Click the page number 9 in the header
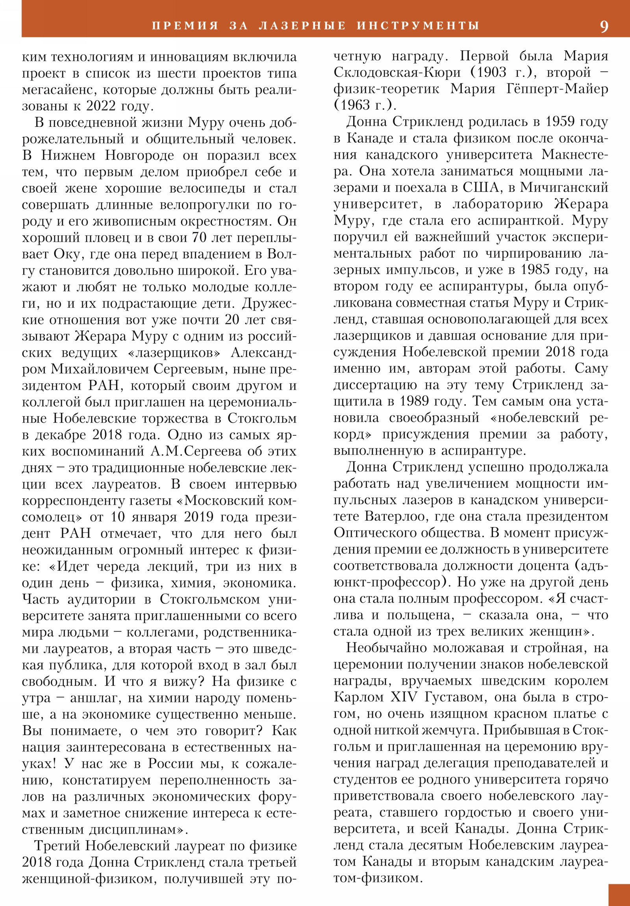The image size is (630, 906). (604, 26)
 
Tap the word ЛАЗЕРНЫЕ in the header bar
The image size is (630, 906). (302, 26)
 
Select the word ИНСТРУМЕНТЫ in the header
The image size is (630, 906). (418, 26)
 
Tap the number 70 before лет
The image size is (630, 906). (199, 238)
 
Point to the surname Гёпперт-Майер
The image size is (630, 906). (557, 89)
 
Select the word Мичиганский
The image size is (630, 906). (564, 188)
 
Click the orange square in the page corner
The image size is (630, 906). (619, 895)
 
